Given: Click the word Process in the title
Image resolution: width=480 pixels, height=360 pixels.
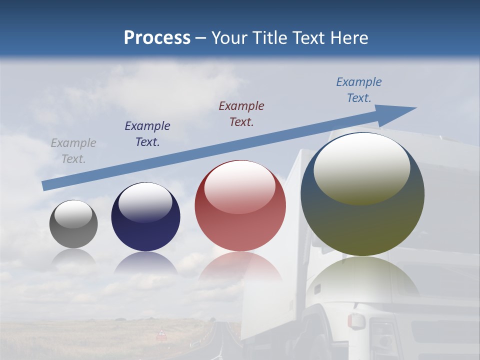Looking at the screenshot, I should click(157, 37).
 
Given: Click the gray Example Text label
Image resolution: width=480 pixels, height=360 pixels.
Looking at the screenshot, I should click(73, 151).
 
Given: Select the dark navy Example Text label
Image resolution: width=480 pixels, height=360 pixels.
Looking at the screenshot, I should click(147, 134).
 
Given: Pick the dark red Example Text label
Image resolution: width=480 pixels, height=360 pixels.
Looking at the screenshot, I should click(241, 114).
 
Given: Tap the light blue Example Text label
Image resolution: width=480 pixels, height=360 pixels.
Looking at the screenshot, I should click(359, 90).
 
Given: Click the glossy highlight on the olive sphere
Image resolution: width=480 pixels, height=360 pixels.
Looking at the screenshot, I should click(361, 167).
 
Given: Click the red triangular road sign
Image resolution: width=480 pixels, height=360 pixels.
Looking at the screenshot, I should click(161, 333).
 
